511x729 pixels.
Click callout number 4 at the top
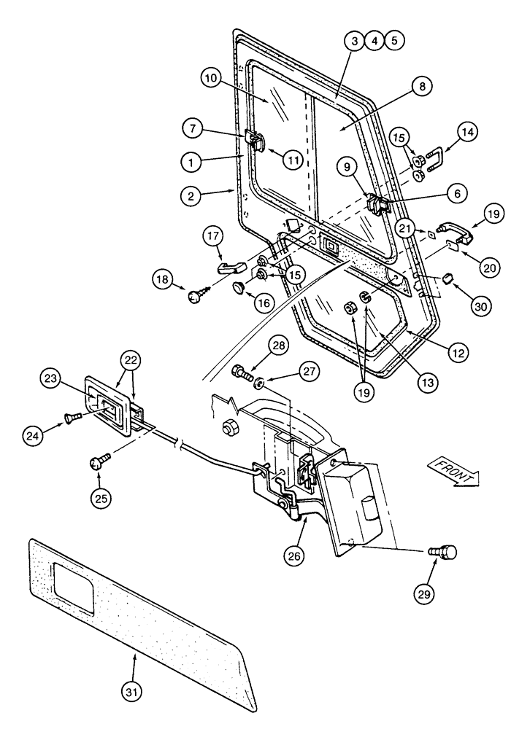tap(373, 41)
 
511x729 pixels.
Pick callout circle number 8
tap(421, 86)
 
